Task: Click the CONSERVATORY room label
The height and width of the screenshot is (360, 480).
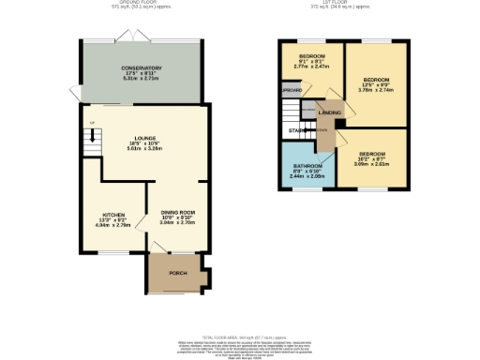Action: pyautogui.click(x=141, y=68)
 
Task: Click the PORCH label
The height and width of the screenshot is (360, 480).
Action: pyautogui.click(x=177, y=273)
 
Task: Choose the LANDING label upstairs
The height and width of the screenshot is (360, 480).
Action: pyautogui.click(x=329, y=112)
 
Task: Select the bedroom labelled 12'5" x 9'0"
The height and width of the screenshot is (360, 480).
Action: pyautogui.click(x=376, y=80)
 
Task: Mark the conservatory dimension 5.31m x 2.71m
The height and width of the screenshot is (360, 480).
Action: pyautogui.click(x=141, y=79)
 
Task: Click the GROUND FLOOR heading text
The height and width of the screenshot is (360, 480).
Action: pyautogui.click(x=141, y=3)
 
